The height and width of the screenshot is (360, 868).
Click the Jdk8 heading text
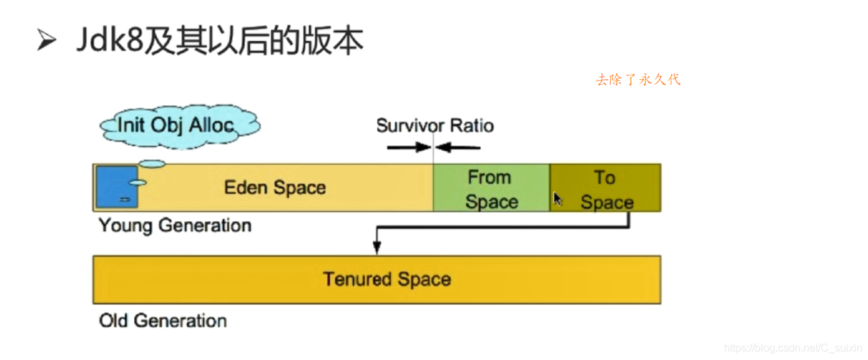220,41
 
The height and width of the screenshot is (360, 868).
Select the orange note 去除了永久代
638,80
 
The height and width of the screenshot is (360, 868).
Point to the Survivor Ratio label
435,125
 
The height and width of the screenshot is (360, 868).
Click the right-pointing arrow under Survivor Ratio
409,146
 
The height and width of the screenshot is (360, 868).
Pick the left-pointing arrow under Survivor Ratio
459,146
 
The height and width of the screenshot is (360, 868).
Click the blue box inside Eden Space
116,187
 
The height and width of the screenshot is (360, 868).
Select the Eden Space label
275,187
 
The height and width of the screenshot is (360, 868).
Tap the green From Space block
491,189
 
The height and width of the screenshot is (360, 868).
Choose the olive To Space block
605,189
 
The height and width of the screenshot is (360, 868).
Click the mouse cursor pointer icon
557,199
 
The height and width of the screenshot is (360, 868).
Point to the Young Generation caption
175,225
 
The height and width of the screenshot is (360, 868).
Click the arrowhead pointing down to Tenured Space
377,248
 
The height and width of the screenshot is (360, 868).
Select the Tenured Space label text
387,279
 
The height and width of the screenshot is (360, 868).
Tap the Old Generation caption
163,321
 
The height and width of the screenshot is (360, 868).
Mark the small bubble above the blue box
153,163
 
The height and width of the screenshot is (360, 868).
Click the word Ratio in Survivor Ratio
471,125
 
